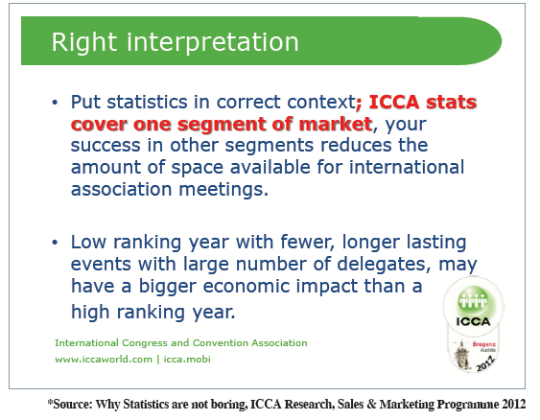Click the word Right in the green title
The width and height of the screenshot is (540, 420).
(x=84, y=43)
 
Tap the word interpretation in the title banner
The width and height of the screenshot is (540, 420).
(x=213, y=43)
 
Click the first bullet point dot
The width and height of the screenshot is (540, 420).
(x=55, y=103)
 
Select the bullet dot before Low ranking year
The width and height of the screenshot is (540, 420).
(x=55, y=243)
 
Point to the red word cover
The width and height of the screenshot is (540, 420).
(x=99, y=124)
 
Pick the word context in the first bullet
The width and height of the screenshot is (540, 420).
(x=321, y=103)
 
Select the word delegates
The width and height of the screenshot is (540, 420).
(x=384, y=265)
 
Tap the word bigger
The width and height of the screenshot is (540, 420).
(x=168, y=287)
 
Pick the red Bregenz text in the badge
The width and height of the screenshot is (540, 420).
(x=483, y=344)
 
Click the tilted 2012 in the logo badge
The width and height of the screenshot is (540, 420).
(x=485, y=363)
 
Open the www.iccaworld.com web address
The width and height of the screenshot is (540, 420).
(x=104, y=360)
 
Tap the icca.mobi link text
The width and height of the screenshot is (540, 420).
(x=187, y=359)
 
